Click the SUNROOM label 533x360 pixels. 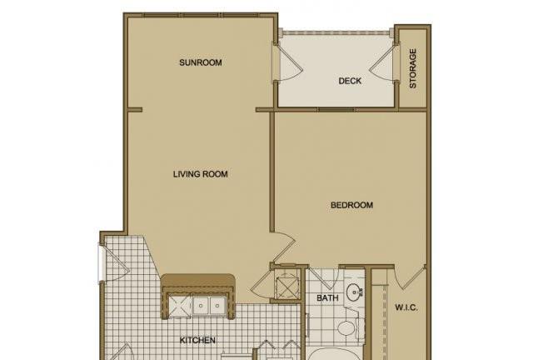tap(201, 62)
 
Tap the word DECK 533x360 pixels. tap(350, 81)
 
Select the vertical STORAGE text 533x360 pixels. tap(413, 68)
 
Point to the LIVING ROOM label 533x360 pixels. tap(201, 174)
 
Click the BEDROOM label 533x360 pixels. tap(351, 205)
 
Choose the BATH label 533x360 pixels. tap(327, 298)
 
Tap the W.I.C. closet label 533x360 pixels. tap(406, 308)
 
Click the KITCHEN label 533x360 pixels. tap(197, 340)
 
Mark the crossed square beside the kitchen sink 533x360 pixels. tap(180, 306)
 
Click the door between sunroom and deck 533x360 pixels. tap(287, 62)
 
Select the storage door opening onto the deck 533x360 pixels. tap(383, 62)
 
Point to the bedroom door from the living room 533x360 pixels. tap(283, 248)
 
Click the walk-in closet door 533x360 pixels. tap(411, 277)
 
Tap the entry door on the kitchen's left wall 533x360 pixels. tap(114, 263)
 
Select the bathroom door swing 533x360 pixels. tap(321, 279)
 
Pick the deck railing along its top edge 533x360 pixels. tap(336, 32)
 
